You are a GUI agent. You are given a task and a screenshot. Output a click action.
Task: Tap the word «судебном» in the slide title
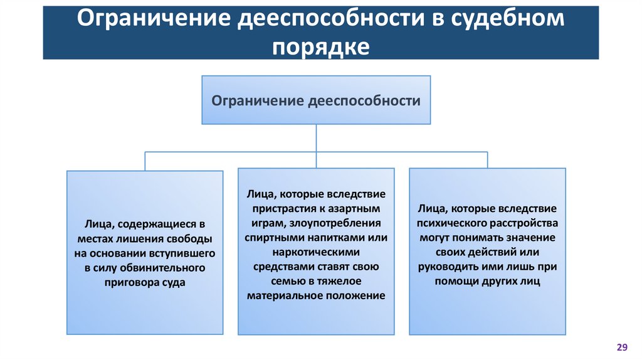coord(507,20)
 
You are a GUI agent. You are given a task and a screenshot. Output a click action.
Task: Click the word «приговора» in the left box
coord(131,282)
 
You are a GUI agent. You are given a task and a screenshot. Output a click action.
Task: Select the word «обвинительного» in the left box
coord(168,268)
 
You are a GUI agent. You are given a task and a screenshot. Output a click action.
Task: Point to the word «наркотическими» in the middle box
coord(316,252)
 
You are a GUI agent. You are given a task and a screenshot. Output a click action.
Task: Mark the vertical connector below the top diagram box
coord(316,138)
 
